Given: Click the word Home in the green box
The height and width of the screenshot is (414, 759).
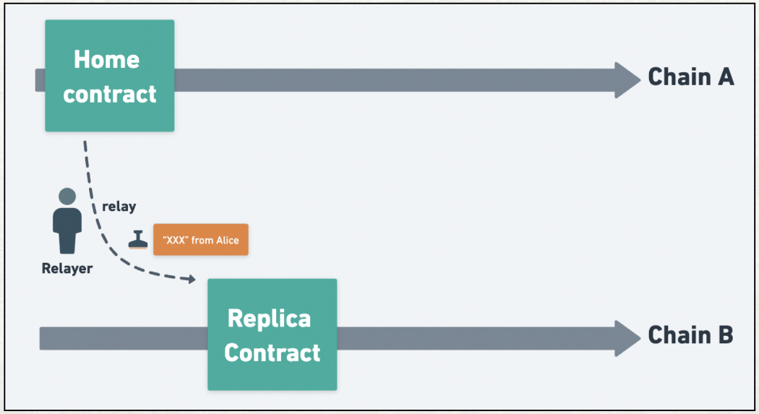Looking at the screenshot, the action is (x=106, y=59).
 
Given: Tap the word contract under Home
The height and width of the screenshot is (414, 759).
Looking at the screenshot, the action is (x=109, y=94).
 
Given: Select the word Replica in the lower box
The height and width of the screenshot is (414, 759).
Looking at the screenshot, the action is (x=269, y=319).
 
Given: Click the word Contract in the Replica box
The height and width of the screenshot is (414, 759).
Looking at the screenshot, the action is (x=272, y=353).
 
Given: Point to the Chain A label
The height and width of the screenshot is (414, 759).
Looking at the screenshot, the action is (x=691, y=77).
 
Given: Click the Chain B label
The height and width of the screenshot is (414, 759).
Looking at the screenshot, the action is (x=691, y=335).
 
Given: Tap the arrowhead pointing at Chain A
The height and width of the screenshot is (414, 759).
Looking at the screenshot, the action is (x=627, y=80).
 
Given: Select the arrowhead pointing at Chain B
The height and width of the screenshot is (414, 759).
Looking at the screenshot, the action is (x=627, y=339).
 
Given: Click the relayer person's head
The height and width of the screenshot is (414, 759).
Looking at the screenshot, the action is (x=67, y=197).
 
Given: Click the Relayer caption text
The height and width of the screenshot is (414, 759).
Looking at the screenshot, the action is (x=67, y=269).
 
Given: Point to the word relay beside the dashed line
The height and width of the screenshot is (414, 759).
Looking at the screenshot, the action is (x=119, y=207).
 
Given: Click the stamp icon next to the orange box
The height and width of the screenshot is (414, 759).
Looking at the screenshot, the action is (x=138, y=240).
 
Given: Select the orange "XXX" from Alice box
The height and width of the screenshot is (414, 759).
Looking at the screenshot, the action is (x=201, y=239).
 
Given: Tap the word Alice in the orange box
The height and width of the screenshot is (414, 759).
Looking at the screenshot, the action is (x=228, y=240).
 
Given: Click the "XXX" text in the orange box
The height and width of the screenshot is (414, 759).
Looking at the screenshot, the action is (x=175, y=240).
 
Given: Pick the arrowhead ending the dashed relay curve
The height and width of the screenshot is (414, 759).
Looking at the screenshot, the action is (x=192, y=279).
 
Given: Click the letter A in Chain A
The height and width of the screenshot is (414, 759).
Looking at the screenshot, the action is (x=726, y=77).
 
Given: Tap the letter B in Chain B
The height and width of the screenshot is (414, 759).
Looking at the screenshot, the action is (x=726, y=335).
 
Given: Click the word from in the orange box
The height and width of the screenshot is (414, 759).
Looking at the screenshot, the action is (x=202, y=240).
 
